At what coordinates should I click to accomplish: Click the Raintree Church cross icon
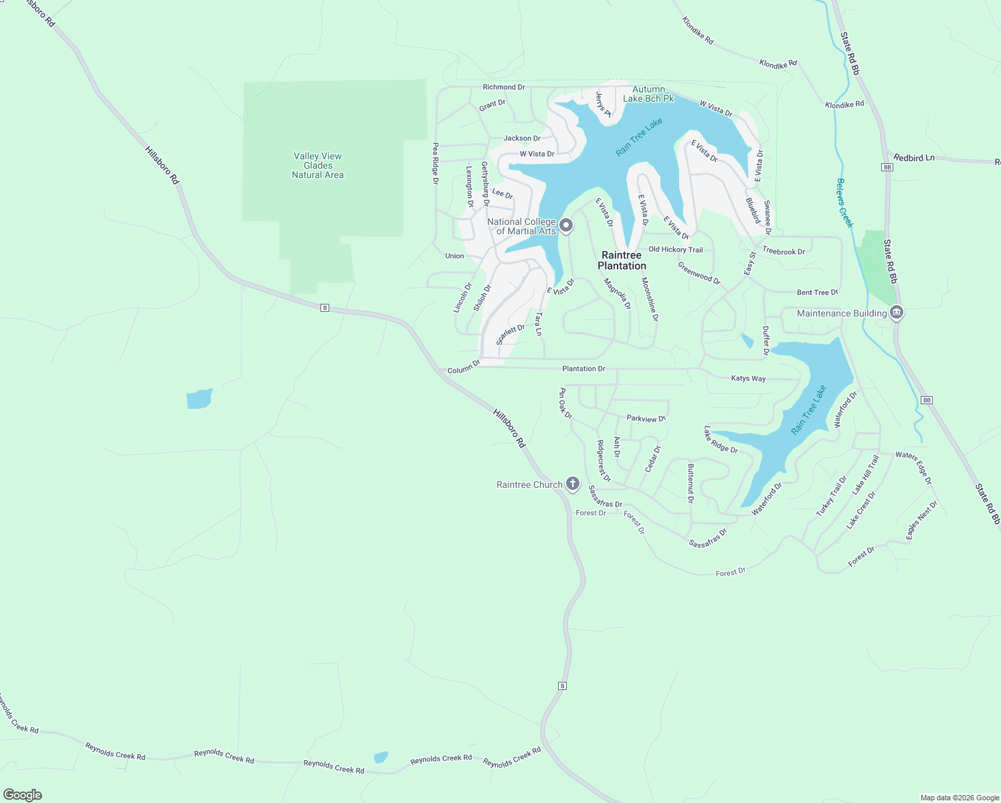[572, 484]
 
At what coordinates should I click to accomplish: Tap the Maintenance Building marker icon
[897, 313]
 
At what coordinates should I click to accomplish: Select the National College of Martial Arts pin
[566, 226]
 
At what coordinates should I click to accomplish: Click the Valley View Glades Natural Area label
[318, 165]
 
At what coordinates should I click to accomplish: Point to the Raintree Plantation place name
[622, 260]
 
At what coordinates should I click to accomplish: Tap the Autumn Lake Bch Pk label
[648, 94]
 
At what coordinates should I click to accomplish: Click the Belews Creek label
[845, 203]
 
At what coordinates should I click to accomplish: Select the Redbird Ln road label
[914, 158]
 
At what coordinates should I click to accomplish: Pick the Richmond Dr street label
[504, 87]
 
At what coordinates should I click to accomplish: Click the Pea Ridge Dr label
[436, 163]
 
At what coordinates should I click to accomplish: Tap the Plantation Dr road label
[583, 369]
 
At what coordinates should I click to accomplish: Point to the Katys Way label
[748, 378]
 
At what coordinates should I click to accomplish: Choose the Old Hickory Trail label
[676, 250]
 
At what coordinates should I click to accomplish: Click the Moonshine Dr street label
[650, 299]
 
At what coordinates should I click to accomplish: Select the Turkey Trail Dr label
[831, 496]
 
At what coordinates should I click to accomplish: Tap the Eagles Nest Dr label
[922, 520]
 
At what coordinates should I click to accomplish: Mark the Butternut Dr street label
[691, 483]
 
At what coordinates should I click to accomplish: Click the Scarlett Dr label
[511, 334]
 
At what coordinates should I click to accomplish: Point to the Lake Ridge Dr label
[721, 440]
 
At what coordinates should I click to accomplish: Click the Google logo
[23, 795]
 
